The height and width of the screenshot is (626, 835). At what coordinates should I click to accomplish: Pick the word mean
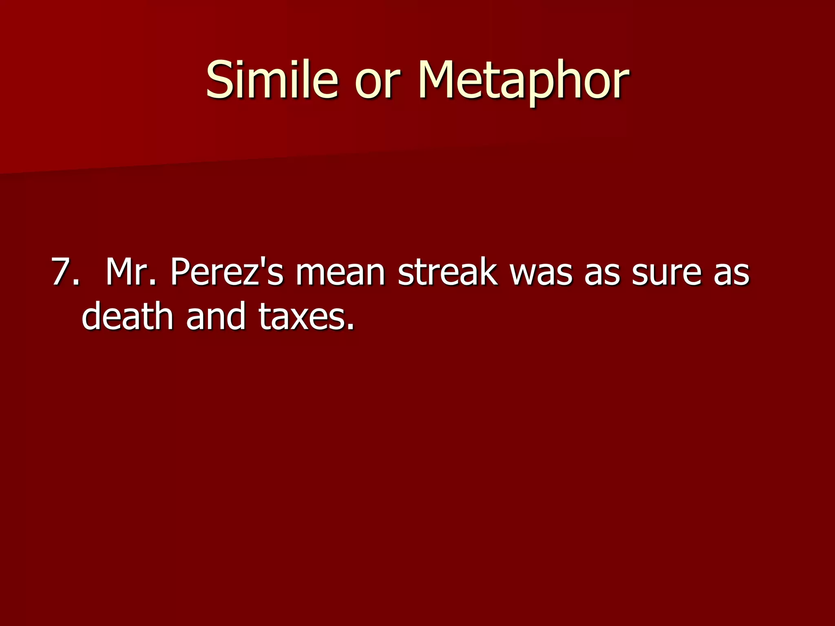coord(340,272)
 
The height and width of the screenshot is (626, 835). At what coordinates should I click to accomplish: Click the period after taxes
coord(350,326)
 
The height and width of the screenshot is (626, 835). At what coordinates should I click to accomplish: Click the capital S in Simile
coord(220,79)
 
